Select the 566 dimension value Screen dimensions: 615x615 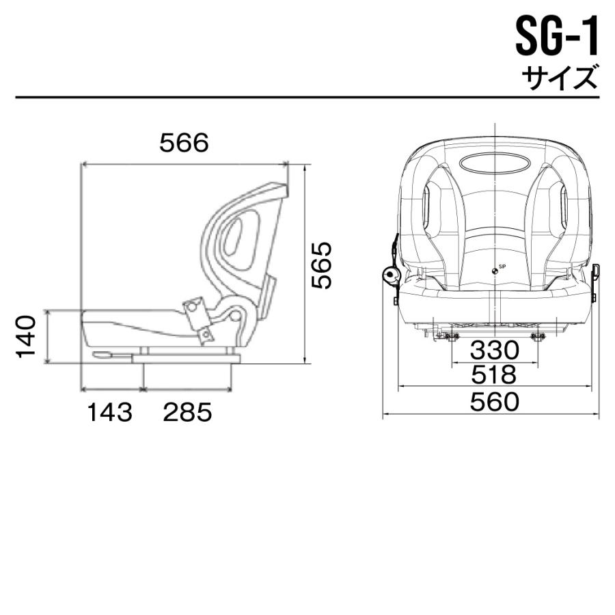pyautogui.click(x=183, y=143)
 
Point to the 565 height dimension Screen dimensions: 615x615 pyautogui.click(x=320, y=264)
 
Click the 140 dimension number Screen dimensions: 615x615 pyautogui.click(x=26, y=336)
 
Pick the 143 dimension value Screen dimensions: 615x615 pyautogui.click(x=109, y=412)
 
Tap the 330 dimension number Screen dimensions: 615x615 pyautogui.click(x=494, y=351)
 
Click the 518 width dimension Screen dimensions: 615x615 pyautogui.click(x=494, y=375)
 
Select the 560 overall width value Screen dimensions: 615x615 pyautogui.click(x=494, y=402)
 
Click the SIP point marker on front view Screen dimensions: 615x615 pyautogui.click(x=494, y=270)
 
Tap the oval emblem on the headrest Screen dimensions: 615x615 pyautogui.click(x=493, y=164)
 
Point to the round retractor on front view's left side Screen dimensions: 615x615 pyautogui.click(x=390, y=275)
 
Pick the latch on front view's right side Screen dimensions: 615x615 pyautogui.click(x=594, y=273)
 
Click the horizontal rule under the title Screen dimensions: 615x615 pyautogui.click(x=307, y=97)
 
